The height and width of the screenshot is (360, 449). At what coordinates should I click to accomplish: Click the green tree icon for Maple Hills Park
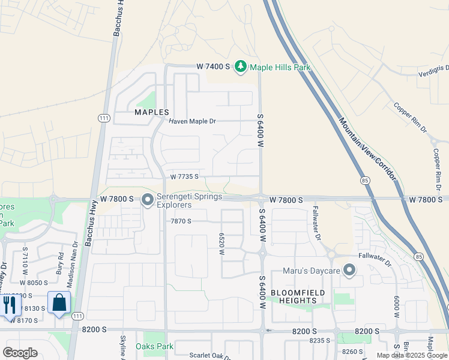pyautogui.click(x=241, y=66)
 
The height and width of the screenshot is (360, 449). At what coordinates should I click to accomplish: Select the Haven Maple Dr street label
pyautogui.click(x=192, y=121)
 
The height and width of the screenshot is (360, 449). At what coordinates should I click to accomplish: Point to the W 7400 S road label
pyautogui.click(x=214, y=67)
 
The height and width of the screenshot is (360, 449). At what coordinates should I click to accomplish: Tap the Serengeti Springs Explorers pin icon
pyautogui.click(x=148, y=200)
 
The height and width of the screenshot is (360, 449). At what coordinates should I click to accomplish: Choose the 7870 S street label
pyautogui.click(x=181, y=221)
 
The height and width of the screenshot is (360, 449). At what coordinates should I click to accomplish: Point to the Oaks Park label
pyautogui.click(x=154, y=346)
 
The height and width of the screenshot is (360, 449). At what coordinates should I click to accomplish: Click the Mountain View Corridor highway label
pyautogui.click(x=367, y=148)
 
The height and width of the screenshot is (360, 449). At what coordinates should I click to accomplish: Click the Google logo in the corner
pyautogui.click(x=20, y=352)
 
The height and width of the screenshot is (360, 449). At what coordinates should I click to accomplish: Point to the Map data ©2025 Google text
pyautogui.click(x=411, y=355)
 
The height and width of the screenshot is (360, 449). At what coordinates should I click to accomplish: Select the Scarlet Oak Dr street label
pyautogui.click(x=210, y=355)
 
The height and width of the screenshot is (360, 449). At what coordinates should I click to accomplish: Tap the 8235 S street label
pyautogui.click(x=320, y=340)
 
